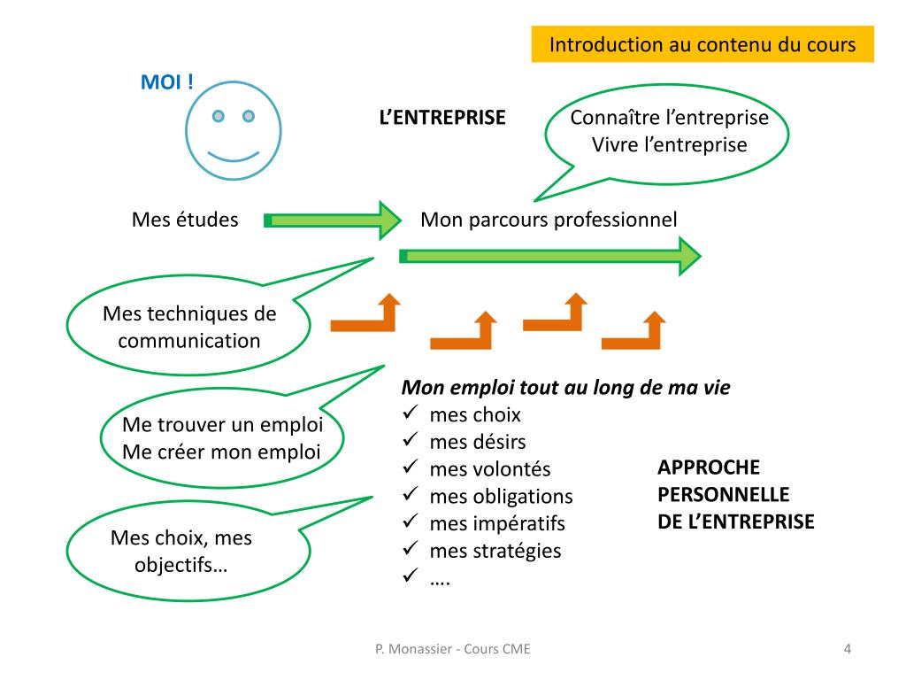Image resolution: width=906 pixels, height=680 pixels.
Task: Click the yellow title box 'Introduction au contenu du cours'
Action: pyautogui.click(x=703, y=44)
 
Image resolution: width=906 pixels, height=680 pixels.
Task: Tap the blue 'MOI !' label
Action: pyautogui.click(x=167, y=83)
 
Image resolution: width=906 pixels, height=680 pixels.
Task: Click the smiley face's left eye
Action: pyautogui.click(x=218, y=115)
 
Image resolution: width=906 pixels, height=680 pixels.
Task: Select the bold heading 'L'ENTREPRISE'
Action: pyautogui.click(x=441, y=118)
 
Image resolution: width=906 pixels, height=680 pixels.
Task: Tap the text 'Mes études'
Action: pyautogui.click(x=185, y=220)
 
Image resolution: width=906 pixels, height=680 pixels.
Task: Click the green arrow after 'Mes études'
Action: pyautogui.click(x=333, y=220)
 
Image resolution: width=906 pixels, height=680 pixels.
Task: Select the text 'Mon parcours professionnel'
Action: pyautogui.click(x=549, y=220)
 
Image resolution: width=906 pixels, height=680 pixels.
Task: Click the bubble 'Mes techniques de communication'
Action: pyautogui.click(x=189, y=327)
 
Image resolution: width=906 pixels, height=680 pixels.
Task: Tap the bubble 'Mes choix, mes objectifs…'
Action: pyautogui.click(x=181, y=551)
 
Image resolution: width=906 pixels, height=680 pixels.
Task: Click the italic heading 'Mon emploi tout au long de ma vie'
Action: pyautogui.click(x=566, y=388)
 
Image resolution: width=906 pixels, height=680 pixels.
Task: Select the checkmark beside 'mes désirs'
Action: pyautogui.click(x=411, y=441)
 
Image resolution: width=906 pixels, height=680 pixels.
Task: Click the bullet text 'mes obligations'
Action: pyautogui.click(x=501, y=496)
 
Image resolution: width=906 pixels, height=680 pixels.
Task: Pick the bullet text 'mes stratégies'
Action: pyautogui.click(x=495, y=551)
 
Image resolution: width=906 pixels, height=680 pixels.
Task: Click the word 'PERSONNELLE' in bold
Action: pyautogui.click(x=723, y=494)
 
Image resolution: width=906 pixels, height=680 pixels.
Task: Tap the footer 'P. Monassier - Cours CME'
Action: pyautogui.click(x=453, y=649)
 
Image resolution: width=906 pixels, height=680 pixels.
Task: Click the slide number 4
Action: pyautogui.click(x=848, y=649)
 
